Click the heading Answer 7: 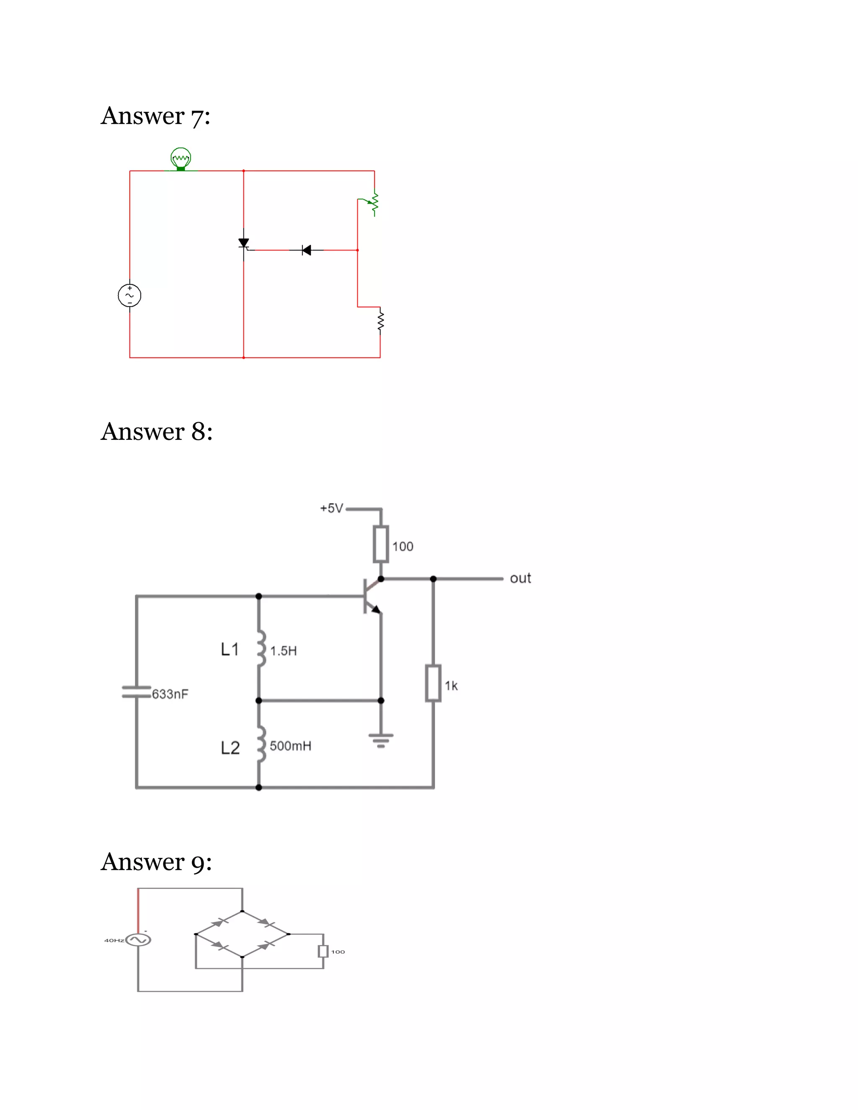(x=155, y=116)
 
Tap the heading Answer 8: (x=157, y=431)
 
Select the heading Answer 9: (x=156, y=862)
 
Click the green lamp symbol (x=181, y=159)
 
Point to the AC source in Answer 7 (x=129, y=295)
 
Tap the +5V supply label (x=331, y=508)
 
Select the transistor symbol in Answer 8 (x=372, y=596)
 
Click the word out (x=520, y=578)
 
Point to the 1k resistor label (x=451, y=686)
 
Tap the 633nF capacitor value (x=170, y=694)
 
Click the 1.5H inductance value (x=283, y=651)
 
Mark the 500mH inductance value (x=290, y=746)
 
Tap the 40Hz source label (x=114, y=940)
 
